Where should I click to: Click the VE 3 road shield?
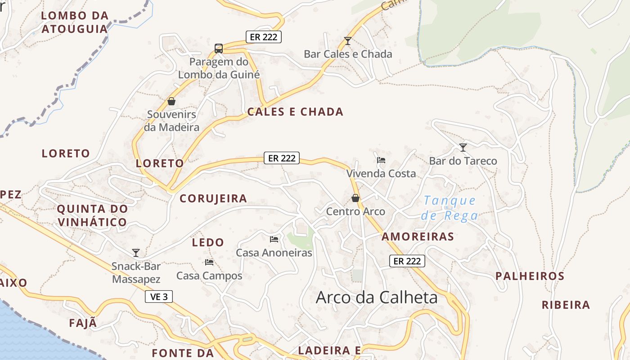(159, 297)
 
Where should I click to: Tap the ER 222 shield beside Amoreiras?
(407, 261)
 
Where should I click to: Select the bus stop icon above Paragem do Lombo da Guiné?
(219, 49)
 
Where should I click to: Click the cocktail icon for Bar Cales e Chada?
(347, 41)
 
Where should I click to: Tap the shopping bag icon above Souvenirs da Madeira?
(171, 101)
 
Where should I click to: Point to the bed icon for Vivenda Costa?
(381, 160)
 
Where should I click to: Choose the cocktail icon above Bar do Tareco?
(463, 147)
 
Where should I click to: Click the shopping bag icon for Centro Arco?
(355, 198)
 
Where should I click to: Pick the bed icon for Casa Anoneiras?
(274, 239)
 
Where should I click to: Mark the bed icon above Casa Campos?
(209, 262)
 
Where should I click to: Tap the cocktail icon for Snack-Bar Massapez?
(136, 252)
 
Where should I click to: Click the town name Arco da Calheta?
(377, 297)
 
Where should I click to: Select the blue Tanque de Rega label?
(450, 208)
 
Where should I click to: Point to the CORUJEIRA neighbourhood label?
(213, 198)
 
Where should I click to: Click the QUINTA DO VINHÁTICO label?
(92, 216)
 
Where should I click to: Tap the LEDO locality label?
(208, 243)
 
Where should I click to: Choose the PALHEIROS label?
(530, 276)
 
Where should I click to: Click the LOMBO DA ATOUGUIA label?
(75, 22)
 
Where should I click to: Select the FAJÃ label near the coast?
(83, 323)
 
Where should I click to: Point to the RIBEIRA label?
(566, 305)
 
